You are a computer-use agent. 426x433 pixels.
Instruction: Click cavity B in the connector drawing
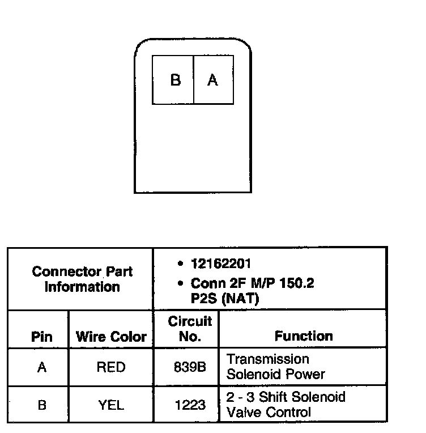click(x=175, y=80)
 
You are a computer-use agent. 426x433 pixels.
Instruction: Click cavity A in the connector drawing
click(x=212, y=80)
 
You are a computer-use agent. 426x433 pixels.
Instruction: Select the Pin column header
click(x=41, y=337)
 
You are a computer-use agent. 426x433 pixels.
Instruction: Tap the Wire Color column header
click(x=111, y=337)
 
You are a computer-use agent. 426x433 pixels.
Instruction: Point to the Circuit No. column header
click(x=190, y=329)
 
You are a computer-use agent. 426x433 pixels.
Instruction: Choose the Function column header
click(x=304, y=336)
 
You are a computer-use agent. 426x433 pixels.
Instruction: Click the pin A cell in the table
click(x=41, y=367)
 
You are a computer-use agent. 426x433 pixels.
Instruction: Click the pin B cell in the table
click(x=41, y=405)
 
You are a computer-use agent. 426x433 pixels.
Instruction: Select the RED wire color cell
click(x=111, y=367)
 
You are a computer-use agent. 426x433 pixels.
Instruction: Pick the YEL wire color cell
click(x=111, y=405)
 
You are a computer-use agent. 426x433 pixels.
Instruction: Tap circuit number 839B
click(x=189, y=367)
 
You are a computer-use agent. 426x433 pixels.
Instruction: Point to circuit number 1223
click(x=189, y=405)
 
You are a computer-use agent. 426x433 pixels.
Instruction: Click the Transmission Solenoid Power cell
click(x=276, y=367)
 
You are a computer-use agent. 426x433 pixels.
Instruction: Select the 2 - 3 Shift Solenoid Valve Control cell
click(x=286, y=404)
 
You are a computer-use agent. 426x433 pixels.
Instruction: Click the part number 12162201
click(x=221, y=264)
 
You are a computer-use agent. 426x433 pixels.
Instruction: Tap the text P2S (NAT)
click(x=224, y=299)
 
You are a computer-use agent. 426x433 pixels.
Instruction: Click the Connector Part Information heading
click(x=82, y=279)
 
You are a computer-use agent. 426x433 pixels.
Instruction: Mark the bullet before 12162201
click(x=180, y=265)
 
